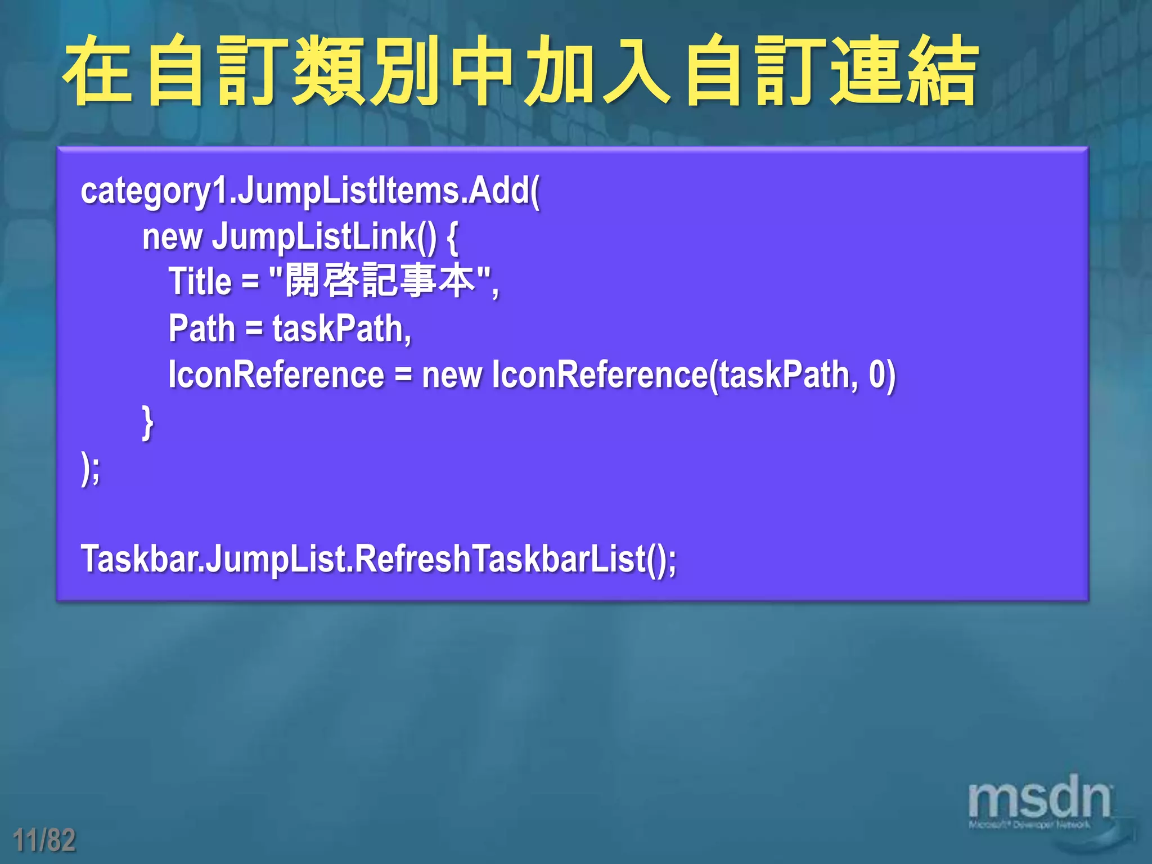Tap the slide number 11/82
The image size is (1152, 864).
click(x=44, y=840)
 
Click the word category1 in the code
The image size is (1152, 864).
click(x=155, y=192)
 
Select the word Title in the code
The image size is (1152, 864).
click(x=200, y=281)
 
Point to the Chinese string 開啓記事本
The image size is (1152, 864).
click(x=380, y=281)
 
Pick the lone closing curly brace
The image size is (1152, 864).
click(x=147, y=422)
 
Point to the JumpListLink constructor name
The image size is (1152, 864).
click(x=314, y=236)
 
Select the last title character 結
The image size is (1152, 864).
click(x=941, y=70)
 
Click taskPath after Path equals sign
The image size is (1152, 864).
click(x=341, y=328)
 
